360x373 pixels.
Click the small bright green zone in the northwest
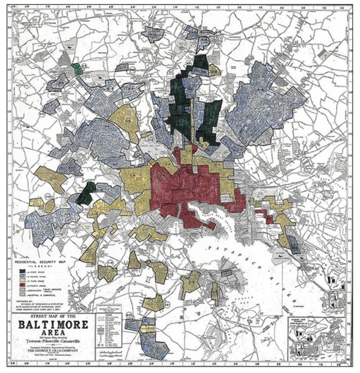(x=77, y=69)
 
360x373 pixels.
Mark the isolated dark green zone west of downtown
(x=85, y=193)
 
